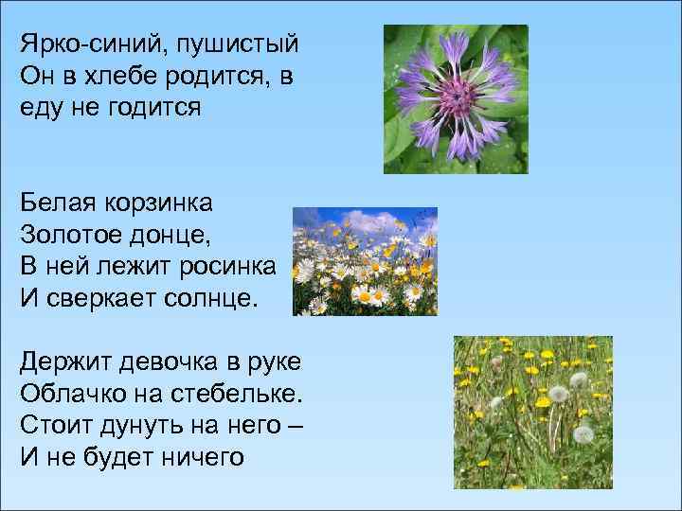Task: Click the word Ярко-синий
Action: point(81,44)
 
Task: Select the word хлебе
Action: point(128,77)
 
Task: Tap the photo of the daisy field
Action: point(365,261)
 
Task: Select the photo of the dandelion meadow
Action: point(532,412)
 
